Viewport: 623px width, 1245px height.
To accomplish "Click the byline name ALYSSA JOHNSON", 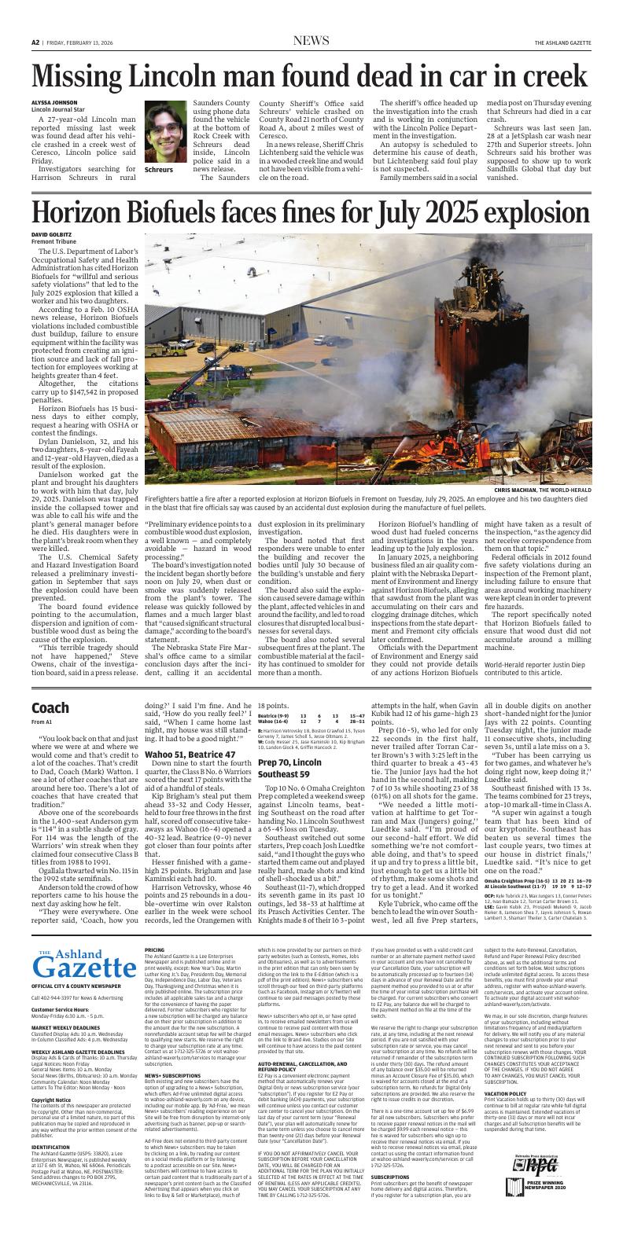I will coord(54,103).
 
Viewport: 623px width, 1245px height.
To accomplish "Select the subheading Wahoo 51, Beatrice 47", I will coord(190,754).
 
